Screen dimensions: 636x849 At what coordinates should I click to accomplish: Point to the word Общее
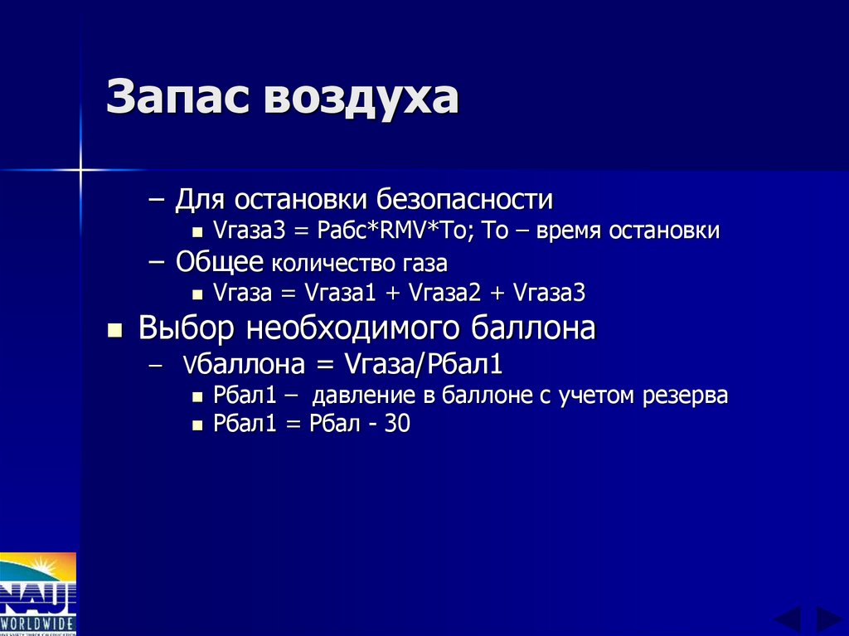pyautogui.click(x=220, y=262)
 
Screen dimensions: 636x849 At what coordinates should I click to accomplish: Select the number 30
pyautogui.click(x=396, y=425)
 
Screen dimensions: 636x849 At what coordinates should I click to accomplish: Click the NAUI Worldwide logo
pyautogui.click(x=38, y=594)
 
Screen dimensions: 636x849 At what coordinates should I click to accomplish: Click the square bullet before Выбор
pyautogui.click(x=115, y=331)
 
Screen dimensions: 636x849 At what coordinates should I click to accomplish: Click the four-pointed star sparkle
pyautogui.click(x=81, y=171)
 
